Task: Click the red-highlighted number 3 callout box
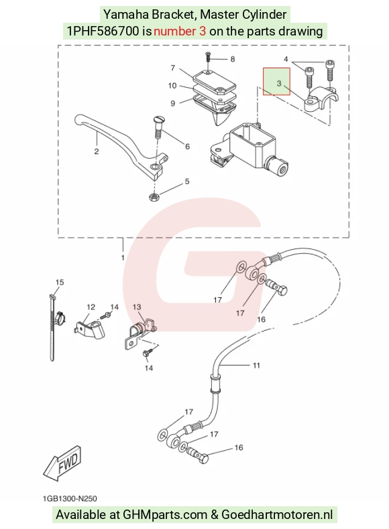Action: coord(276,81)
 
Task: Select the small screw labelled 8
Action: coord(208,56)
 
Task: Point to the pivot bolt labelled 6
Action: coord(158,127)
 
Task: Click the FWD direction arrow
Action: coord(62,463)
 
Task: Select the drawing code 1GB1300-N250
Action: coord(70,499)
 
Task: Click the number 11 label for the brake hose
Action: coord(256,366)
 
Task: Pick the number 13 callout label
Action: coord(137,307)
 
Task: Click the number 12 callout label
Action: coord(91,307)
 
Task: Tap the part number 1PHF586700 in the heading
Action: coord(103,31)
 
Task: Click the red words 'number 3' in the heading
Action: coord(180,31)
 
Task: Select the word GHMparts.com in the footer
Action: coord(165,515)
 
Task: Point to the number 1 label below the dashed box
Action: coord(123,258)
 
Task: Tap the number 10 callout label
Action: coord(172,86)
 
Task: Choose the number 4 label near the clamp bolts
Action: coord(286,60)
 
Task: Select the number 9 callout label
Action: coord(172,103)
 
